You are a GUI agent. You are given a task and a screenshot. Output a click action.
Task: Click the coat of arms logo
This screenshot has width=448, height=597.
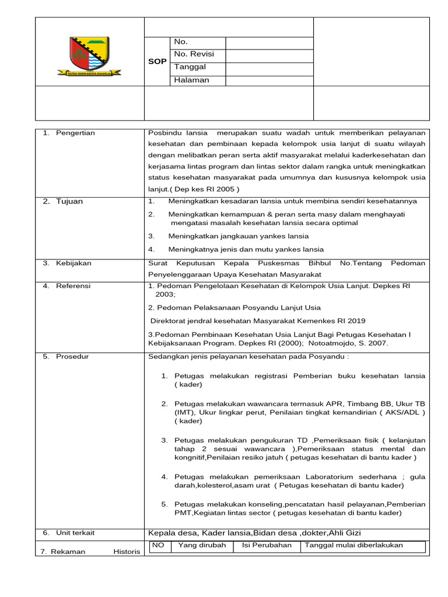[x=89, y=55]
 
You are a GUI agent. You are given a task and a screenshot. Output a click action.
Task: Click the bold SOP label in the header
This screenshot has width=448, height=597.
[x=157, y=61]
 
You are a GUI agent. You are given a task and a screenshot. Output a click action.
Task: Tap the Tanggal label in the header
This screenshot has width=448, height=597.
[x=190, y=67]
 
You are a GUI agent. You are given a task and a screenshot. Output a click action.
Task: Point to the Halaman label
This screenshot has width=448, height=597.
[x=191, y=80]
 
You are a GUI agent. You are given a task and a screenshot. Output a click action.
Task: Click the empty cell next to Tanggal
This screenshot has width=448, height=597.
[x=269, y=67]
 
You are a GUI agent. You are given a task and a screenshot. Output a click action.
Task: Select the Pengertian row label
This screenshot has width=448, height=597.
[x=75, y=133]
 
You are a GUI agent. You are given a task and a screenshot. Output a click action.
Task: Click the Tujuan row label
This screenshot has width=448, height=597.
[x=69, y=202]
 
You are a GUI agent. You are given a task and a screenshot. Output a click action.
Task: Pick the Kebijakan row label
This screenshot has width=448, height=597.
[x=73, y=264]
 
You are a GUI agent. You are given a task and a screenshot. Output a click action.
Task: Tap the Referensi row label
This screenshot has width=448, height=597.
[x=73, y=286]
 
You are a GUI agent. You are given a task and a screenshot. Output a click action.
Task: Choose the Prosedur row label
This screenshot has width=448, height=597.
[x=72, y=357]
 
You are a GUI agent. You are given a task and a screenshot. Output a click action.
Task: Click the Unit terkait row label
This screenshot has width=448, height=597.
[x=75, y=533]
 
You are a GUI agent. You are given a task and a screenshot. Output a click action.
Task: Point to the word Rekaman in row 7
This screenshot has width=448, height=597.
[x=68, y=552]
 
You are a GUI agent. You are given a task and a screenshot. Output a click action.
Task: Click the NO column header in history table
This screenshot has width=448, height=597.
[x=159, y=546]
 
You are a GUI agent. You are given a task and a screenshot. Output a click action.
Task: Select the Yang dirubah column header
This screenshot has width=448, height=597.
[x=202, y=546]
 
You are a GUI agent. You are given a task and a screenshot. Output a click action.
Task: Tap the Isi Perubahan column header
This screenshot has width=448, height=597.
[x=267, y=546]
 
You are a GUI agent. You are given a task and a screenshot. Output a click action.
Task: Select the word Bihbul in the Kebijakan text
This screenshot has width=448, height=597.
[x=320, y=264]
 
